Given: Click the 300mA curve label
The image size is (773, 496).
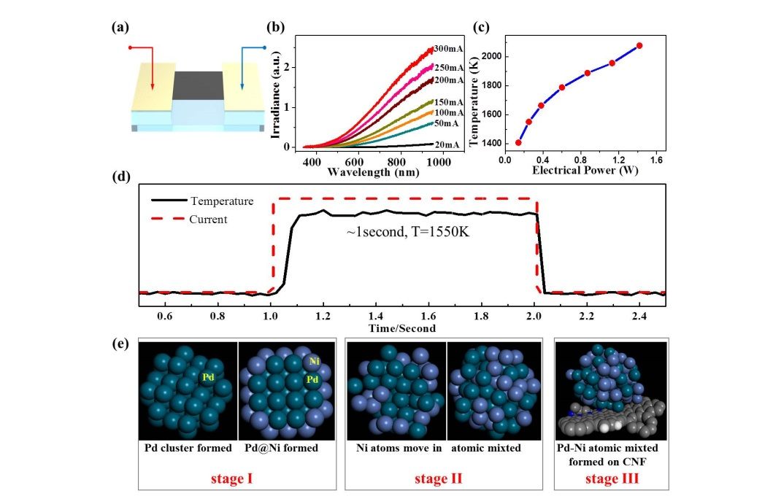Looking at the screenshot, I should (x=448, y=50).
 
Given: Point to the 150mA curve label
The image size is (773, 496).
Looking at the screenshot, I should (x=448, y=102).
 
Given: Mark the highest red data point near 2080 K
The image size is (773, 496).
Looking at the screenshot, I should (x=639, y=46).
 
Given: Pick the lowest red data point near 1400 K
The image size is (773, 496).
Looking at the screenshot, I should (x=518, y=142).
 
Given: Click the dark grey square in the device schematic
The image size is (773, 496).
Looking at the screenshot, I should (x=197, y=85).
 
